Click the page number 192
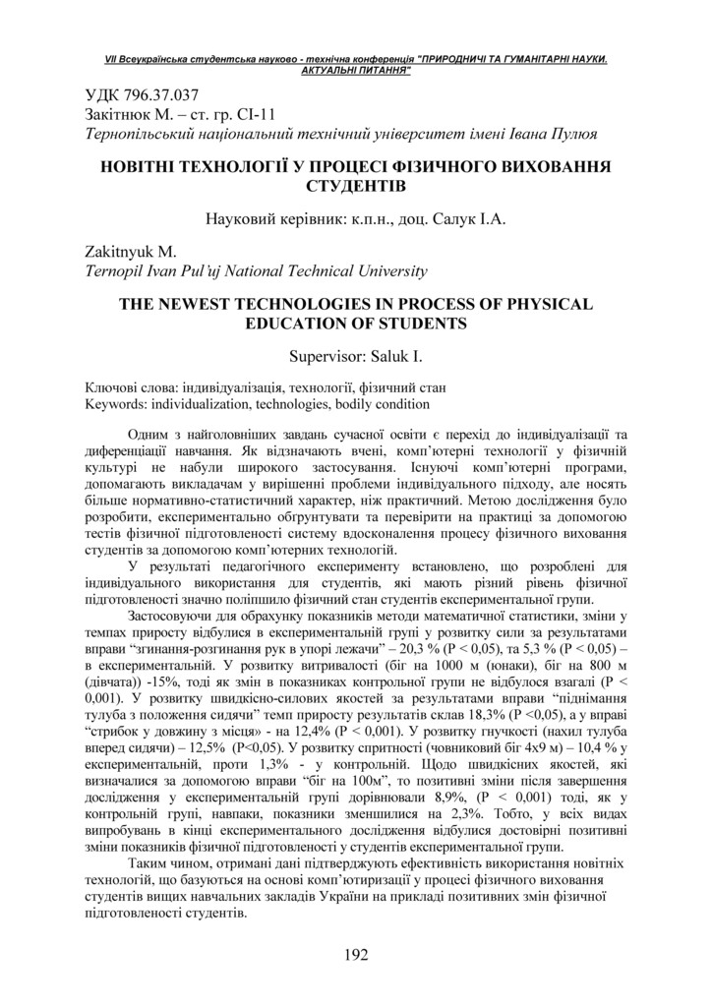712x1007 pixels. pyautogui.click(x=356, y=955)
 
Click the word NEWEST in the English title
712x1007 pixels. pyautogui.click(x=201, y=304)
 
